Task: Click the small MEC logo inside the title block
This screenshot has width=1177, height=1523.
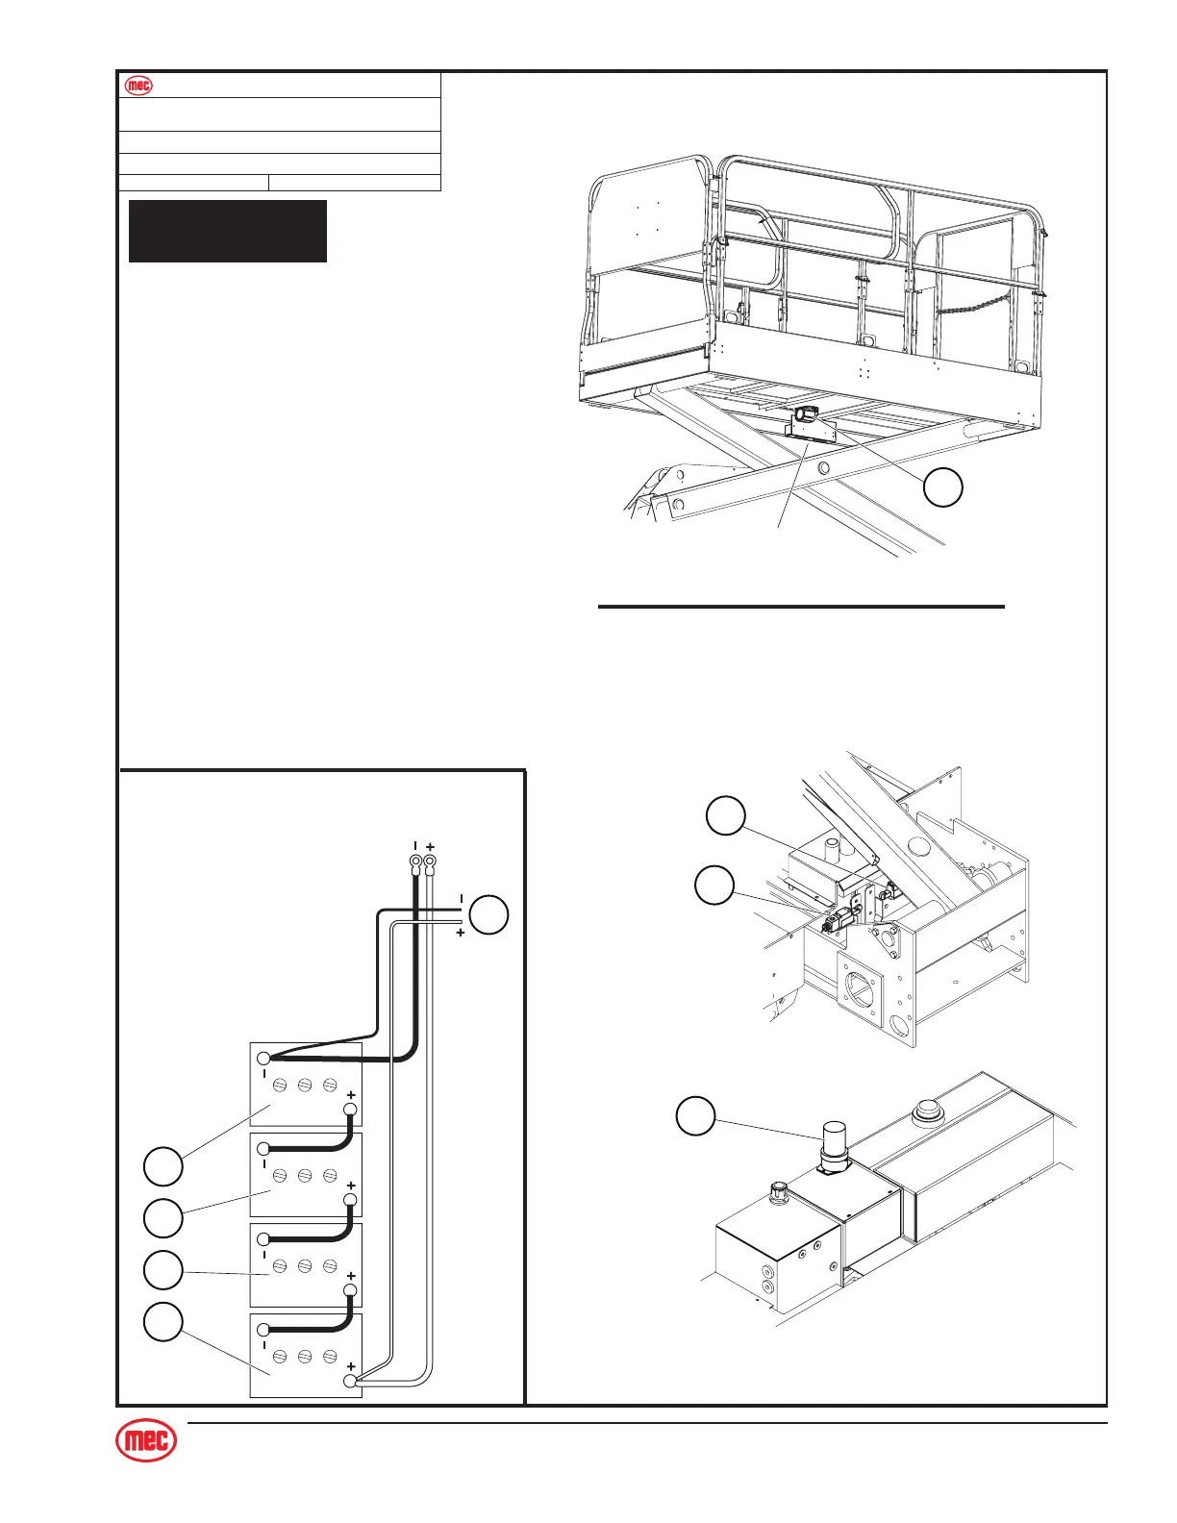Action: [140, 85]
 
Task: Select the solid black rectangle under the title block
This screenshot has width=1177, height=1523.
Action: [228, 231]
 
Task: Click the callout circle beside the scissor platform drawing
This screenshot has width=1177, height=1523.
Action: [943, 487]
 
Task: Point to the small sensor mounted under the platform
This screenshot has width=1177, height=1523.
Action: [807, 416]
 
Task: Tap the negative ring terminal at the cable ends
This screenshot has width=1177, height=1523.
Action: [415, 861]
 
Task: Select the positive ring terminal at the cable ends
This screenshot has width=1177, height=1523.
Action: [430, 861]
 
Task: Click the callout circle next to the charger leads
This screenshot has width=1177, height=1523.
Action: [489, 914]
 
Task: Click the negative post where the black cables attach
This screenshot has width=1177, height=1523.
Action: [263, 1059]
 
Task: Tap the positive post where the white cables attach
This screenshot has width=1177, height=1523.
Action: [350, 1381]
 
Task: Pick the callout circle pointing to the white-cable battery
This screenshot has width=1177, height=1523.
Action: [163, 1322]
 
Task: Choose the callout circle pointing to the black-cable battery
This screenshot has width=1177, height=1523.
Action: [163, 1166]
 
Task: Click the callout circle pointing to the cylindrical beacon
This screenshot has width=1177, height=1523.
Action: [695, 1117]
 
